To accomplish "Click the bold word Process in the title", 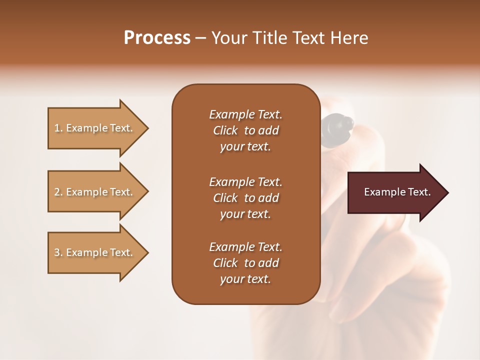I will pyautogui.click(x=157, y=38).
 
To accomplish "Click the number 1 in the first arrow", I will pyautogui.click(x=57, y=128).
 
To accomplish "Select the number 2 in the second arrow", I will pyautogui.click(x=57, y=192).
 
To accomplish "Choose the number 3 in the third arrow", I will pyautogui.click(x=57, y=252).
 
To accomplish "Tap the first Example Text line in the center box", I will pyautogui.click(x=245, y=114).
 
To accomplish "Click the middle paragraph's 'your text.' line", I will pyautogui.click(x=245, y=214).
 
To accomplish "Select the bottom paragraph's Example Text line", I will pyautogui.click(x=245, y=247).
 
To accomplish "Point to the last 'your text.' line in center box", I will pyautogui.click(x=245, y=279).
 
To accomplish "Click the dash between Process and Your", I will pyautogui.click(x=201, y=38).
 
